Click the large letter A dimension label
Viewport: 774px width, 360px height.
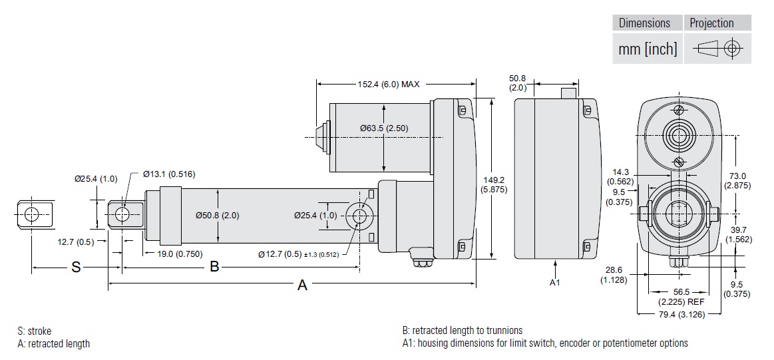tap(302, 285)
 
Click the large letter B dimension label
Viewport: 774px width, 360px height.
tap(214, 267)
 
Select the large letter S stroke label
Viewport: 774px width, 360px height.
tap(76, 267)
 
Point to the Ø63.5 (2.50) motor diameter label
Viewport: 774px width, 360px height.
tap(384, 128)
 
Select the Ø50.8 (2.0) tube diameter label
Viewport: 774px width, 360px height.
tap(218, 216)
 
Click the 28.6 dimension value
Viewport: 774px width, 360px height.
tap(614, 270)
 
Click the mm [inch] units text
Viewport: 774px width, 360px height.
tap(648, 49)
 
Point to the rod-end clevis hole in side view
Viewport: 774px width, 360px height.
tap(122, 214)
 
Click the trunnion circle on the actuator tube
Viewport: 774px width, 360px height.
tap(360, 215)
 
